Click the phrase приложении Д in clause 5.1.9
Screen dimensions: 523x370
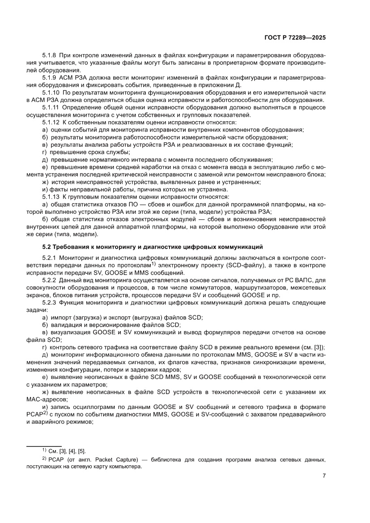tap(219, 84)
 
